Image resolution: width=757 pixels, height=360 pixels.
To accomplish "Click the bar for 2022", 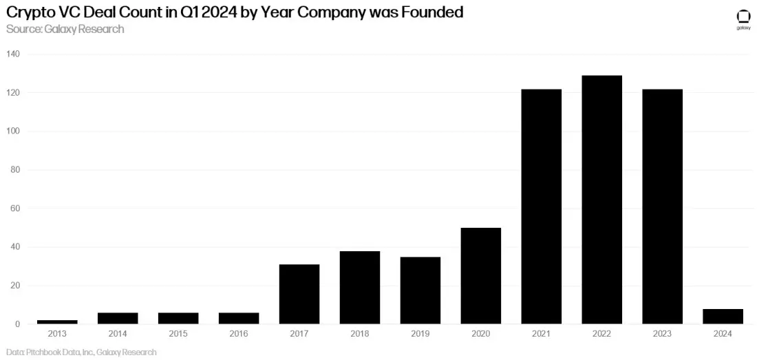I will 601,200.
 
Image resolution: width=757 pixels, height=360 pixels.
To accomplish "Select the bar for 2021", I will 541,207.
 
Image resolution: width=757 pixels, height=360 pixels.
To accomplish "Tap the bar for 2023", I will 662,207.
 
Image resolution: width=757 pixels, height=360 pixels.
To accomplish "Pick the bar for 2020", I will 480,275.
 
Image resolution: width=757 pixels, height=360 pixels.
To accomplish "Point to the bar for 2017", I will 299,294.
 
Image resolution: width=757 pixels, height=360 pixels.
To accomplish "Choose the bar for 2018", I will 359,287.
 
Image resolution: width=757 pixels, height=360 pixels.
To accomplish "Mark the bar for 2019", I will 420,290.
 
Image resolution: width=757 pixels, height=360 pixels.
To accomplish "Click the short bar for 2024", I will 723,316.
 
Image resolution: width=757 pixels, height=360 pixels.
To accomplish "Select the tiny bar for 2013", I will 56,321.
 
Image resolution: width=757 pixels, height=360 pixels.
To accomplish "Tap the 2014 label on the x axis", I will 117,333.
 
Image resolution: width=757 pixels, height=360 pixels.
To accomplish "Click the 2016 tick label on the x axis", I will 238,333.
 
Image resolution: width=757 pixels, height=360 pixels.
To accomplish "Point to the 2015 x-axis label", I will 178,333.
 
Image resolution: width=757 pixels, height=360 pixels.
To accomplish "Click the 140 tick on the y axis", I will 14,54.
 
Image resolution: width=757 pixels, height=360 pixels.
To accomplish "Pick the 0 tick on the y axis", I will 18,324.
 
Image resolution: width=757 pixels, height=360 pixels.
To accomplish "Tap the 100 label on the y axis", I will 14,131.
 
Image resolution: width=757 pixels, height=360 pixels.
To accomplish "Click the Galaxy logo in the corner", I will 743,19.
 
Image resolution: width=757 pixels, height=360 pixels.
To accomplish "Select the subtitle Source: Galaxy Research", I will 65,29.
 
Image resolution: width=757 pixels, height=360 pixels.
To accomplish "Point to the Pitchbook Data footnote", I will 81,352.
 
